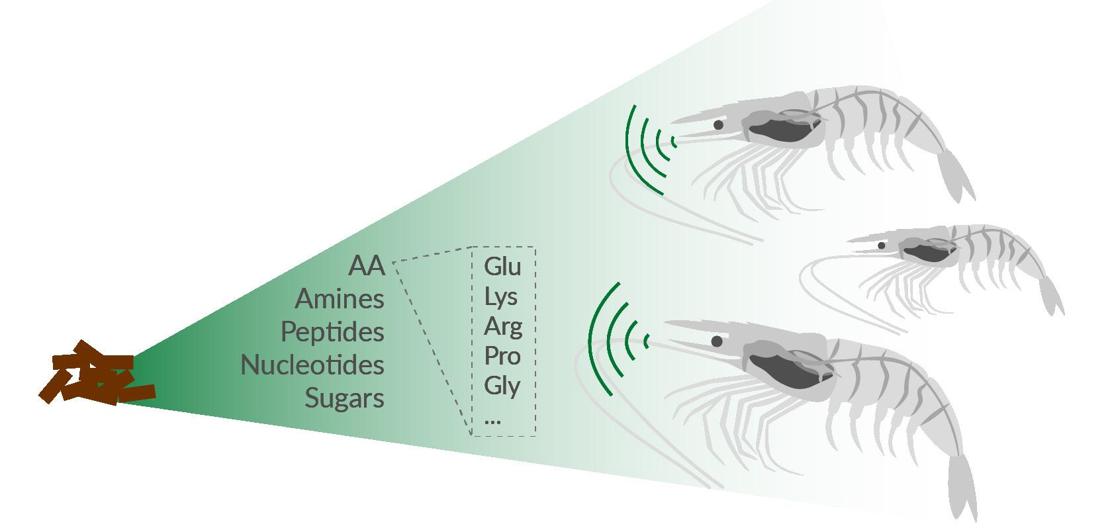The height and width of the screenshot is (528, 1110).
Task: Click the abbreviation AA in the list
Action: click(366, 266)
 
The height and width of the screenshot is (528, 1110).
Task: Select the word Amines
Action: click(339, 299)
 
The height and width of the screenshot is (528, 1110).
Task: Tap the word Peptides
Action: click(332, 332)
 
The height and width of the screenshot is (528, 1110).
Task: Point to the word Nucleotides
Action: click(312, 365)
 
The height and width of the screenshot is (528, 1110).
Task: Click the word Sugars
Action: click(344, 398)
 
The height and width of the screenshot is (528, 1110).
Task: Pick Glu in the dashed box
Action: click(502, 267)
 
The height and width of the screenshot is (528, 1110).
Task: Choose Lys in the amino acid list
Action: click(500, 297)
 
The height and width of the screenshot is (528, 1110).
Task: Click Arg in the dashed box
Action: click(502, 327)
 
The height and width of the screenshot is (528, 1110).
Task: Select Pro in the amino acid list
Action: click(502, 356)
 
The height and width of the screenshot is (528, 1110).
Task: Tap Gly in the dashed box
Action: click(502, 386)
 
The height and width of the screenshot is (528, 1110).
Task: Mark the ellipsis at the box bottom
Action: click(492, 419)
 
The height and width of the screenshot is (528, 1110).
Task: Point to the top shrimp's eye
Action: click(718, 124)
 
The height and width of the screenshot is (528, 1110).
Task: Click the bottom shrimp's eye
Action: click(717, 341)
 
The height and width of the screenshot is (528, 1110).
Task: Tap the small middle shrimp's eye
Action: click(881, 245)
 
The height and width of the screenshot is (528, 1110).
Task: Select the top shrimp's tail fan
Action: click(957, 175)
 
